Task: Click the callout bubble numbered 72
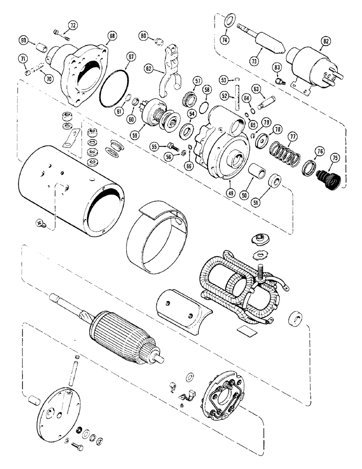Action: (73, 25)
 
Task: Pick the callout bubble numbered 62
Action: (149, 68)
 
